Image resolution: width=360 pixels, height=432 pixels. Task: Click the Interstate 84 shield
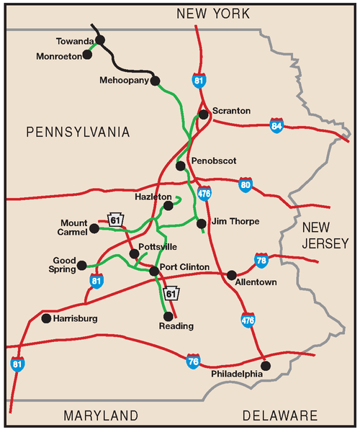[277, 126]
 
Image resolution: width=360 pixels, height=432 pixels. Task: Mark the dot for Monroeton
[87, 54]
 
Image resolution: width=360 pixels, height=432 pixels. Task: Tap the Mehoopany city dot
[154, 81]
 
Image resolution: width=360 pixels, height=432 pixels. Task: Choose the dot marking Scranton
[204, 114]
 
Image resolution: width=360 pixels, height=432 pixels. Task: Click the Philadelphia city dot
[266, 366]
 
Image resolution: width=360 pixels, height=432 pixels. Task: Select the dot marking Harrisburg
[46, 318]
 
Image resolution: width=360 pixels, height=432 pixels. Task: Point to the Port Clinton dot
[153, 271]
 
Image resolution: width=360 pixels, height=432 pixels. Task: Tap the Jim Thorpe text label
[234, 222]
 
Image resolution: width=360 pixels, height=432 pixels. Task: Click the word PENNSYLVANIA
[77, 132]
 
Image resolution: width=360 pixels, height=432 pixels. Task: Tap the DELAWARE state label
[279, 416]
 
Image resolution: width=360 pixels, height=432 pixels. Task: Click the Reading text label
[176, 326]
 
